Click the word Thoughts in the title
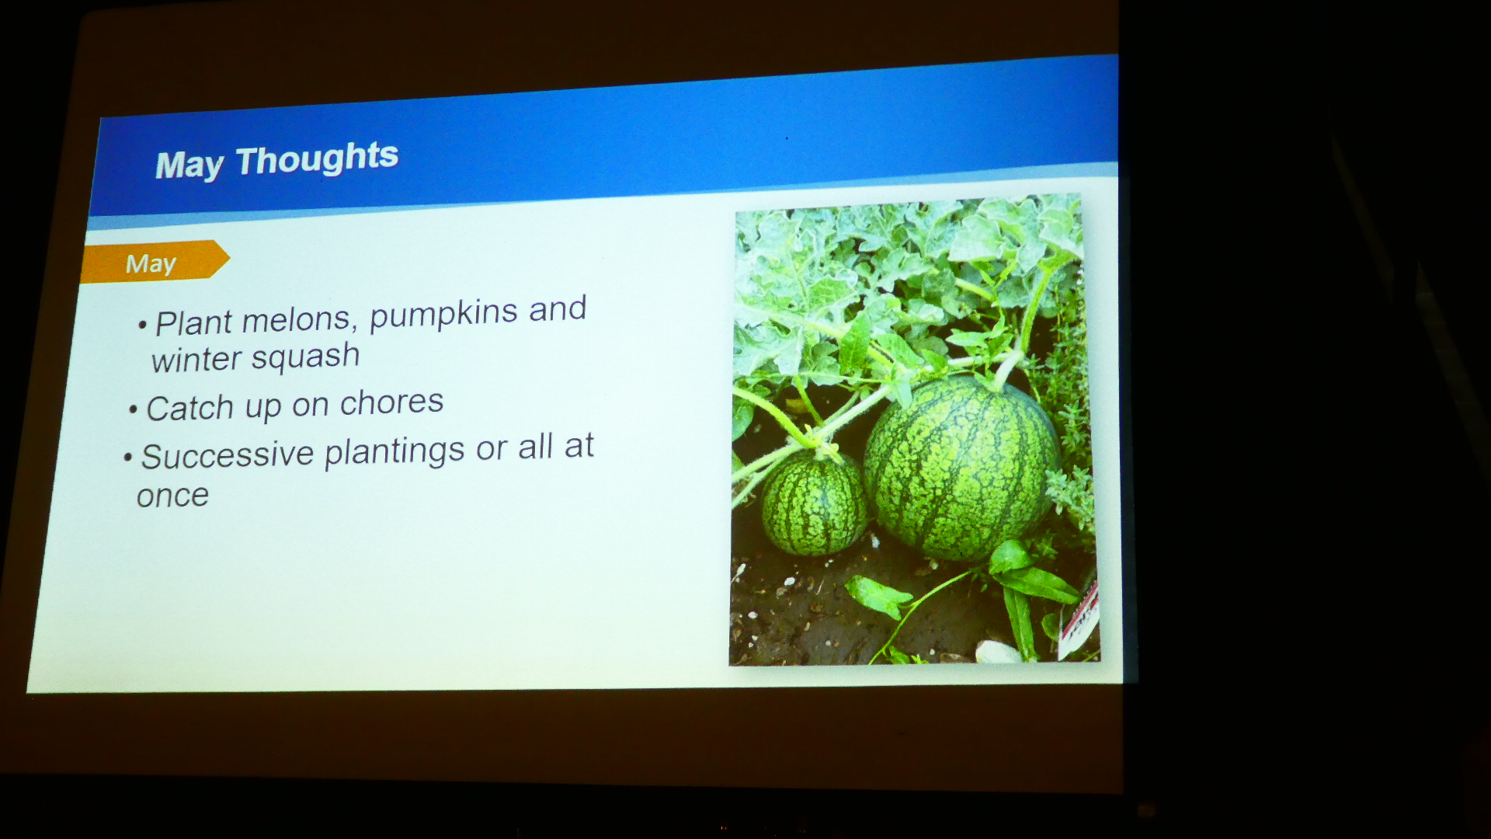pos(317,158)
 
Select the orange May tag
pos(155,262)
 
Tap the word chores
pos(391,402)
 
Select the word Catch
pos(189,408)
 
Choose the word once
pos(172,496)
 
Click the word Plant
pos(193,322)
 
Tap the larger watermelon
pos(961,468)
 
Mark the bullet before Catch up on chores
pos(134,410)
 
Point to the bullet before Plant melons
pos(142,325)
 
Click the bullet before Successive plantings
pos(128,458)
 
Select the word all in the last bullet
pos(536,447)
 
